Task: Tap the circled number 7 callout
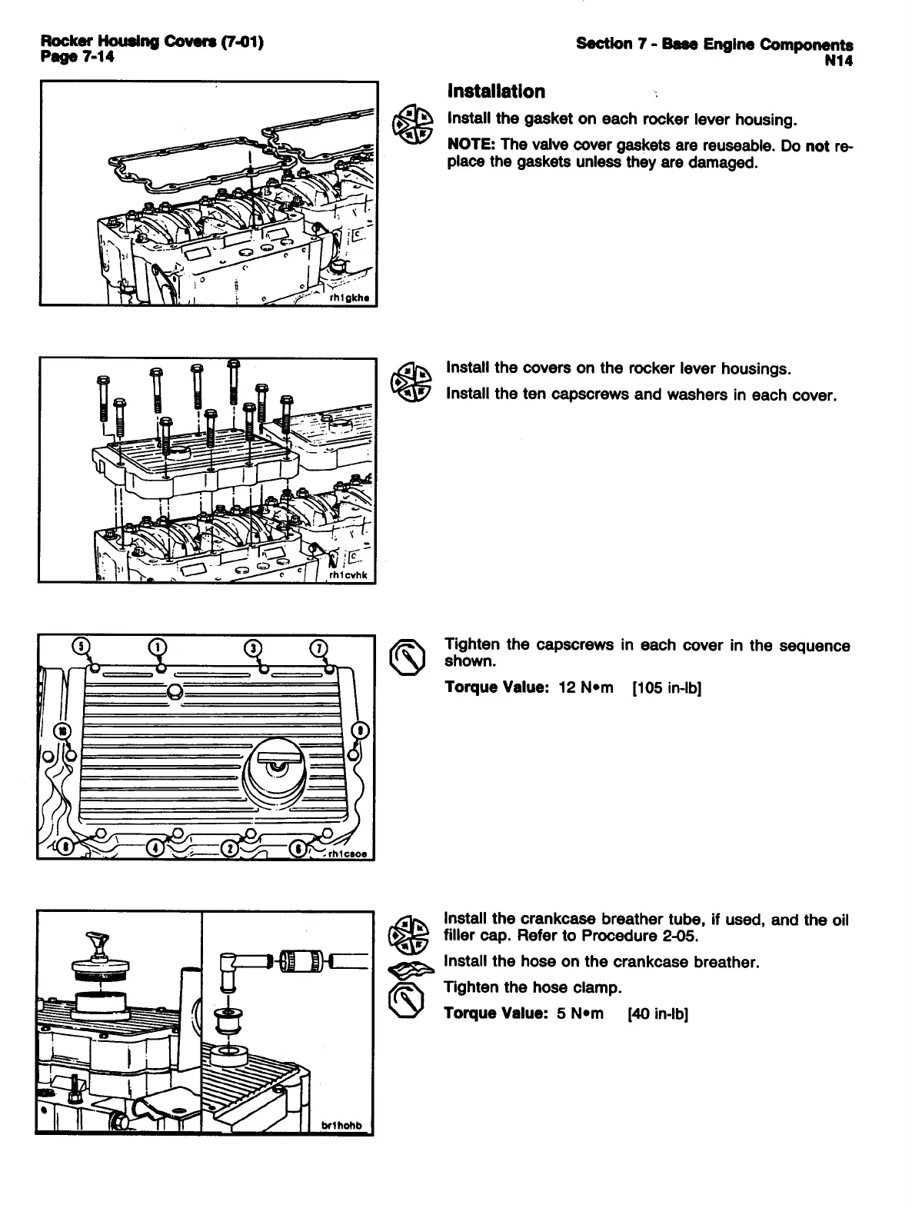[317, 647]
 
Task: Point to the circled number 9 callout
[358, 730]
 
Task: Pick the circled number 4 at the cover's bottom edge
[156, 848]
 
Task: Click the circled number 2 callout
[229, 848]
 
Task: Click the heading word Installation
[496, 92]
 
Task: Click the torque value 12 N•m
[585, 687]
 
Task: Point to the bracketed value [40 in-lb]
[657, 1013]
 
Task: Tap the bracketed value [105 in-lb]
[666, 687]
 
